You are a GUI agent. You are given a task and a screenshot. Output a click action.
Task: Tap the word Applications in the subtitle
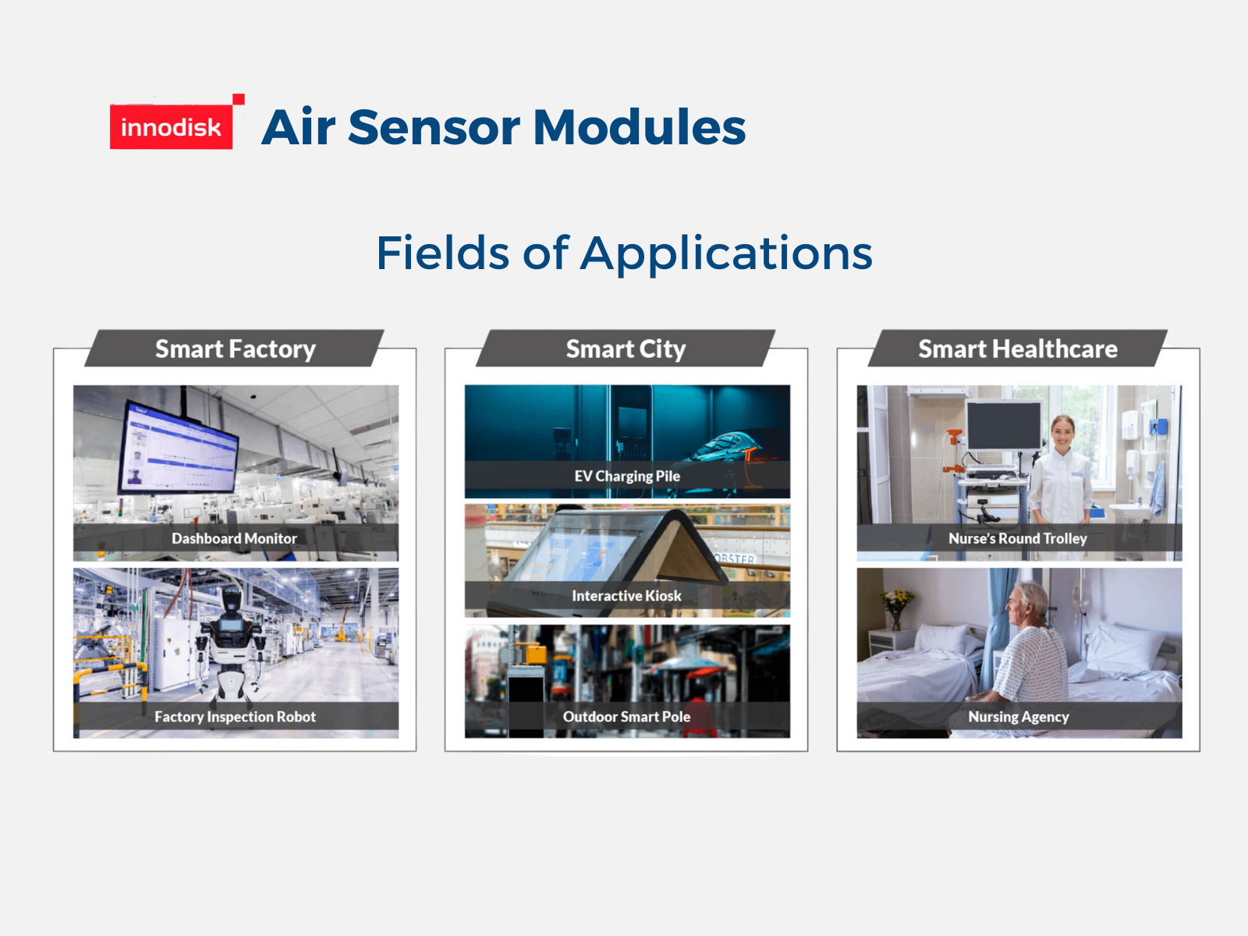point(726,254)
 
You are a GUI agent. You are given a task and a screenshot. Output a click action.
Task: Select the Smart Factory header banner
point(234,349)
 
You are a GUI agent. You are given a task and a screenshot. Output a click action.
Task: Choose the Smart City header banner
point(626,349)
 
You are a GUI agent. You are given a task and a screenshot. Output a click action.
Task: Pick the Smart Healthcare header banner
point(1018,349)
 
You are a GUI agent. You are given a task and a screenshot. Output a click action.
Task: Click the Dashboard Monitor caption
point(234,538)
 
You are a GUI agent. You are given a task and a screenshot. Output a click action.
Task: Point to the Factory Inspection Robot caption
point(235,717)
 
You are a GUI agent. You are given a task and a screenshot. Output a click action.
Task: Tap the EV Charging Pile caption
point(627,477)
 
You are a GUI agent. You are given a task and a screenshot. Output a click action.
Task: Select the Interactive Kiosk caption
point(626,596)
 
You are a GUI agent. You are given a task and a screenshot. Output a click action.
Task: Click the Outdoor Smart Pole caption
point(626,717)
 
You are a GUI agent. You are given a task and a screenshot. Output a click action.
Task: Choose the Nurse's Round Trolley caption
point(1018,538)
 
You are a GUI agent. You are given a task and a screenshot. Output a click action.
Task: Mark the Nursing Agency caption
point(1019,717)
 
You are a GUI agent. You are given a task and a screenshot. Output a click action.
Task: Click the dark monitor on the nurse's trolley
point(1004,424)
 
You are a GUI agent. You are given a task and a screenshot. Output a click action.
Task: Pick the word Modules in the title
point(640,127)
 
